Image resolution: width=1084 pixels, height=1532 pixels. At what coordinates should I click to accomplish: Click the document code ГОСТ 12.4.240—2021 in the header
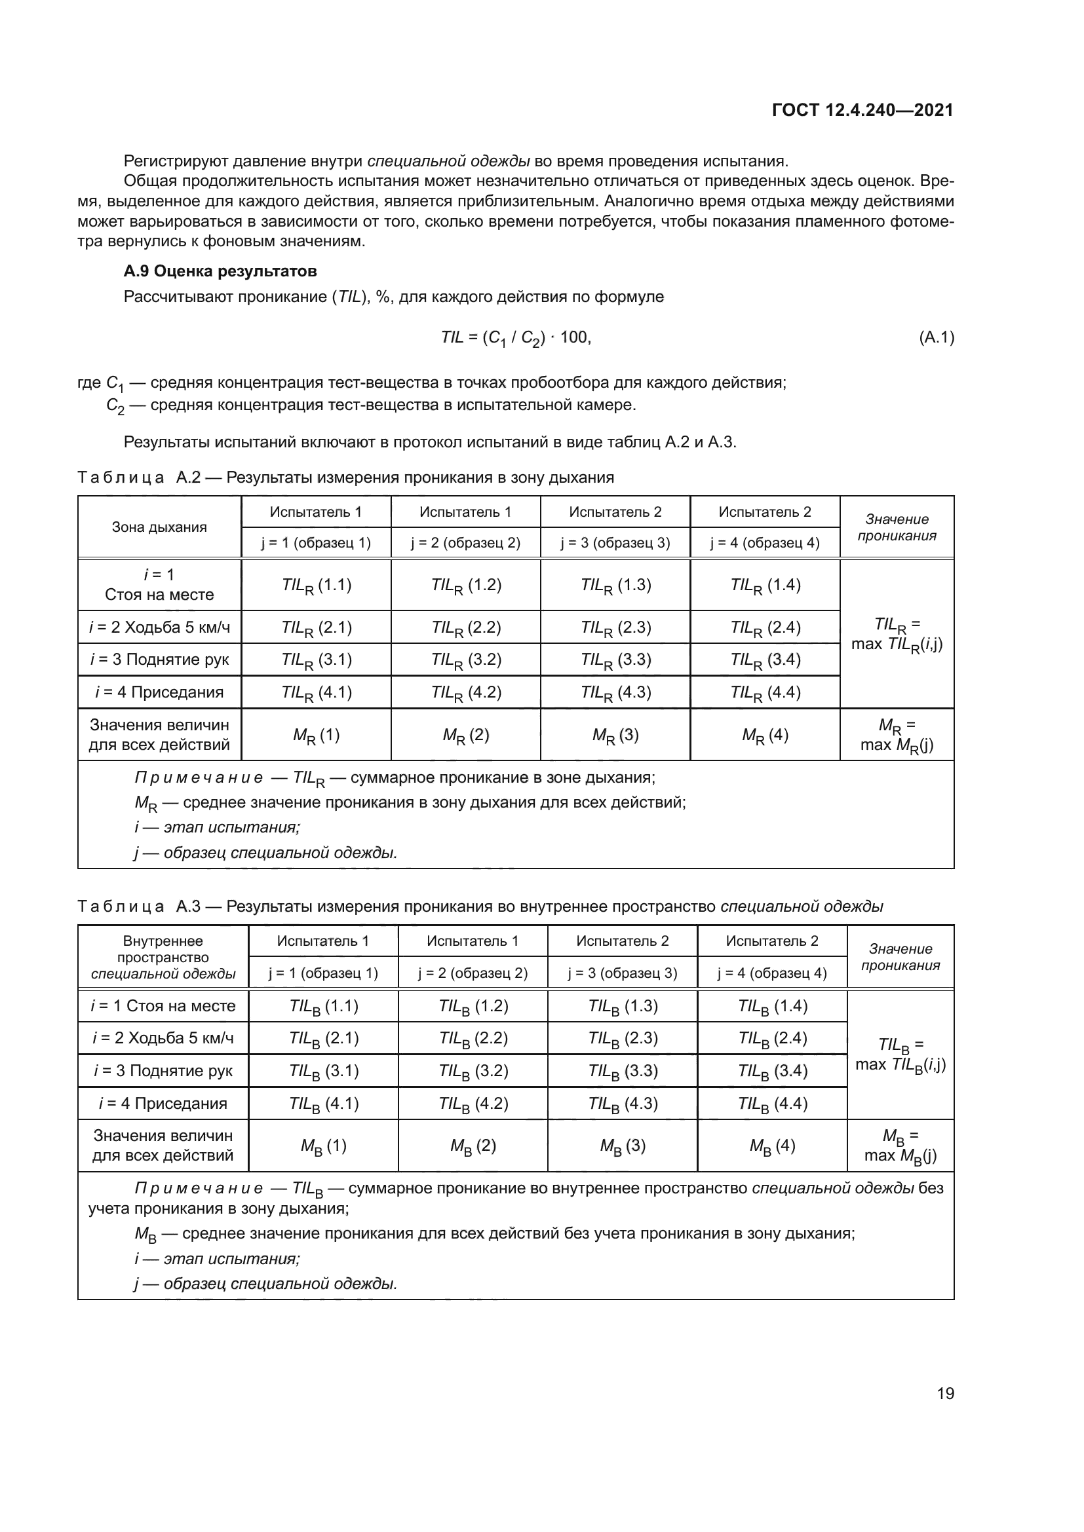pos(862,110)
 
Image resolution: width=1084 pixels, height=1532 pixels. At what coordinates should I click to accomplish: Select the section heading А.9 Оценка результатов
pos(220,271)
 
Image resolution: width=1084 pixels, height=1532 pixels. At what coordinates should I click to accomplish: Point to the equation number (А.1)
pos(936,337)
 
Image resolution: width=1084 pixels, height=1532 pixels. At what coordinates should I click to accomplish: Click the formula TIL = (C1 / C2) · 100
pos(516,338)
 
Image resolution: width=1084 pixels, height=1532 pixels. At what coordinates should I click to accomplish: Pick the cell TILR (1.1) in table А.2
pos(317,585)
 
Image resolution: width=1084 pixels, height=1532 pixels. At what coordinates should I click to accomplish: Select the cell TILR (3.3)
pos(615,660)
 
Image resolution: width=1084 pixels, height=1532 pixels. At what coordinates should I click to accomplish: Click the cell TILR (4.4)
pos(765,692)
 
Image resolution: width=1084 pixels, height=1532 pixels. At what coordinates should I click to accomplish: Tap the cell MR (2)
pos(466,736)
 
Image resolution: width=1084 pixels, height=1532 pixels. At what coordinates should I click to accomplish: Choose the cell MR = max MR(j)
pos(897,735)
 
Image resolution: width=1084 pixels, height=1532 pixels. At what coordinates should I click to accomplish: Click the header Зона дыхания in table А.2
pos(159,527)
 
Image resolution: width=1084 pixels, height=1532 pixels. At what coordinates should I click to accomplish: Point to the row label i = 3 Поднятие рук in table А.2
pos(159,660)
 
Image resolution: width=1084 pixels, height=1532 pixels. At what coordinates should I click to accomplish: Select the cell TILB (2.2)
pos(473,1038)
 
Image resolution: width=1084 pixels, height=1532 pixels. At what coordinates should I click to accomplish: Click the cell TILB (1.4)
pos(772,1006)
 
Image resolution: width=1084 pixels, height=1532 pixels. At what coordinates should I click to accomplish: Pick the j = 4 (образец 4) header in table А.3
pos(771,973)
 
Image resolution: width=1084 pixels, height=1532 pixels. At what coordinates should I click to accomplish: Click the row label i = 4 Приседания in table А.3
pos(163,1104)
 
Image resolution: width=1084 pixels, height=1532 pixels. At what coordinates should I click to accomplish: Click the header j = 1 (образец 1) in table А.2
pos(316,542)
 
